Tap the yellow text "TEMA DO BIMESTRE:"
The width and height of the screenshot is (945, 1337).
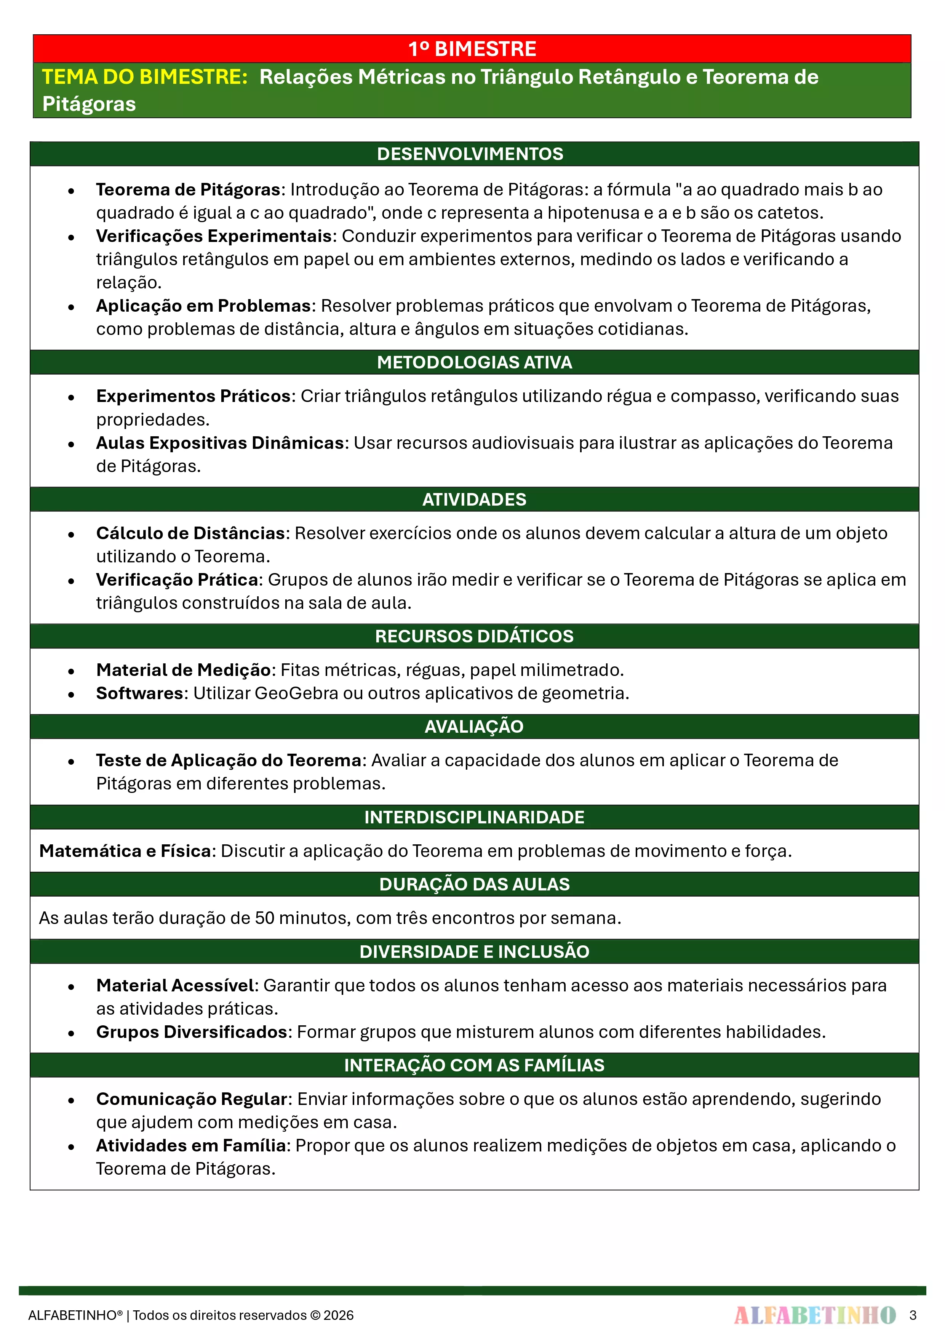coord(145,77)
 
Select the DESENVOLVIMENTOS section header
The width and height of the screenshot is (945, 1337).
coord(470,154)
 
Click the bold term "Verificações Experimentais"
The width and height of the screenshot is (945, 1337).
coord(214,236)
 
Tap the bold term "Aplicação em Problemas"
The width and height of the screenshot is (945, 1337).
coord(203,306)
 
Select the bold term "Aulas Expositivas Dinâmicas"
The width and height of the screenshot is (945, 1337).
coord(220,443)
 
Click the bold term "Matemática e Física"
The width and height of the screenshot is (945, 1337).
coord(125,851)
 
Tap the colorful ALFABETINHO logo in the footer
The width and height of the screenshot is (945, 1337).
coord(815,1315)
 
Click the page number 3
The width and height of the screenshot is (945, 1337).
coord(912,1315)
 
